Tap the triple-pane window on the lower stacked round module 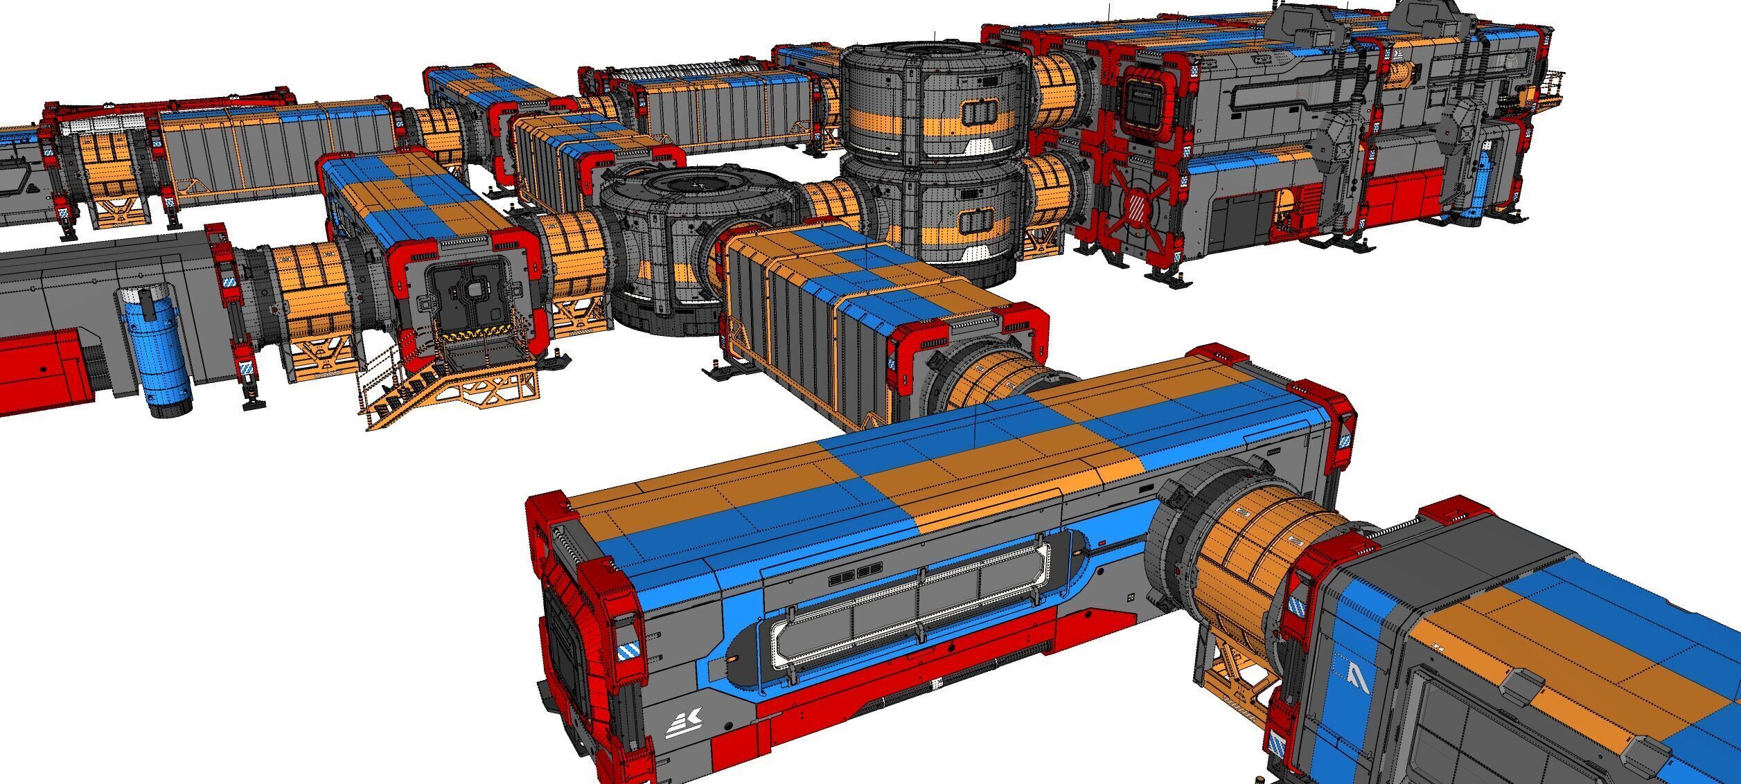point(977,221)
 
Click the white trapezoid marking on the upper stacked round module point(980,145)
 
